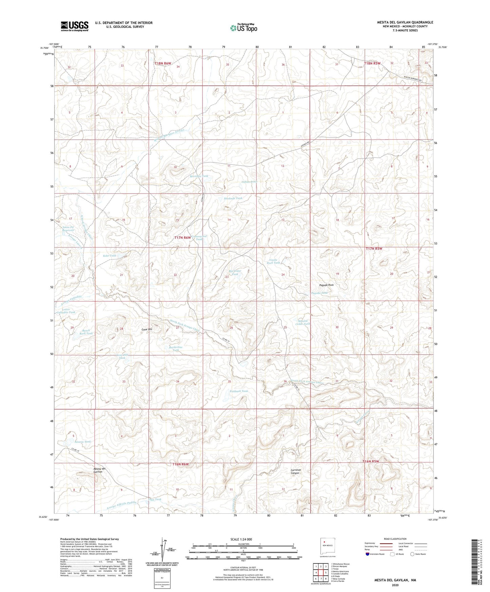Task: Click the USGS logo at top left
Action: coord(74,26)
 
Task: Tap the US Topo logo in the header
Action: coord(243,28)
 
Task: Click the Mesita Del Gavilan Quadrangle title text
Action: coord(405,22)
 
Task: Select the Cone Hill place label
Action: coord(147,329)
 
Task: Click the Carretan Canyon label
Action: coord(295,471)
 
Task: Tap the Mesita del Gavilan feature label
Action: coord(99,470)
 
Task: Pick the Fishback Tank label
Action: coord(239,391)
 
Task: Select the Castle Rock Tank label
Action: coord(273,261)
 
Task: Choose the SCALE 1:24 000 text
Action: coord(241,539)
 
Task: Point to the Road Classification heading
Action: coord(395,539)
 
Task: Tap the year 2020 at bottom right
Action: coord(395,585)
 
